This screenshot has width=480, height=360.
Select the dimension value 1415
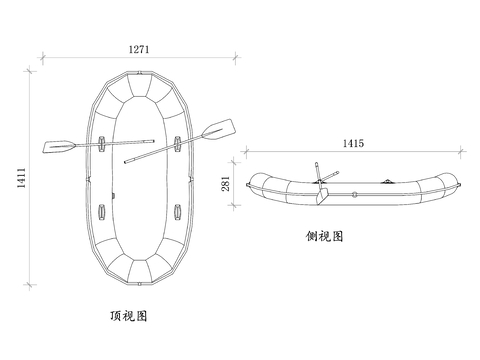pyautogui.click(x=352, y=144)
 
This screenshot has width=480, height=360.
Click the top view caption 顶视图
pyautogui.click(x=129, y=316)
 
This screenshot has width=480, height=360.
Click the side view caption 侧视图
pyautogui.click(x=325, y=237)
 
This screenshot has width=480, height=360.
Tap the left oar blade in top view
pyautogui.click(x=57, y=148)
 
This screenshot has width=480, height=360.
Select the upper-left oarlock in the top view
pyautogui.click(x=104, y=143)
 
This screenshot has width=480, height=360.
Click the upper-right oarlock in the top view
pyautogui.click(x=176, y=141)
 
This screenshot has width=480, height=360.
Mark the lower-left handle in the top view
pyautogui.click(x=105, y=212)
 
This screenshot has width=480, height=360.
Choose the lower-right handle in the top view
pyautogui.click(x=176, y=211)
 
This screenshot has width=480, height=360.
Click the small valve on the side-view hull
pyautogui.click(x=355, y=190)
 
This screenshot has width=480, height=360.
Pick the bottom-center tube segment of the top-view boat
pyautogui.click(x=140, y=271)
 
